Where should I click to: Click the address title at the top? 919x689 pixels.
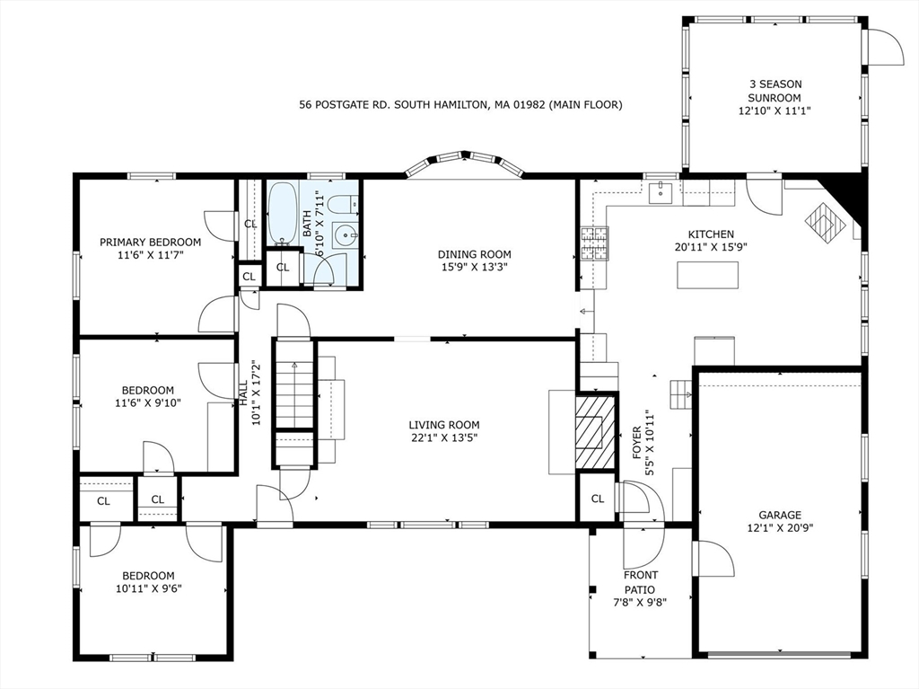460,105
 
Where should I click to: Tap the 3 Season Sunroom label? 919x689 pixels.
775,91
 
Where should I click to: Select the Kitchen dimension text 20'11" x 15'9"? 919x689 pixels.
711,247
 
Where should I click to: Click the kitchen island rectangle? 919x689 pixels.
707,275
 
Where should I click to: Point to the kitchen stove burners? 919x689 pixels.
593,243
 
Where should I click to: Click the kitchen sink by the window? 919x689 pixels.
661,191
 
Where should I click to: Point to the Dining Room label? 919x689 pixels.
474,254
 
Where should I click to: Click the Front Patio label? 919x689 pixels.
641,582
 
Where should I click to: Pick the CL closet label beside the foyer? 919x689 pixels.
597,499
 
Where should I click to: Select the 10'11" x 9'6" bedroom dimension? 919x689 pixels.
150,589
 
